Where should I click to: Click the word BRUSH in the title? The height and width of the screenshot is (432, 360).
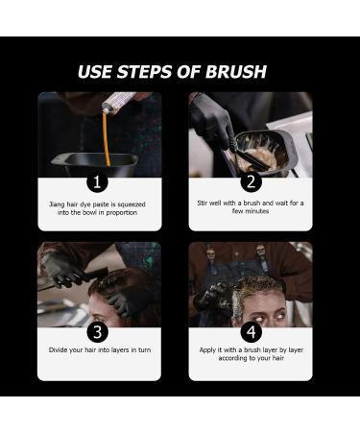231,72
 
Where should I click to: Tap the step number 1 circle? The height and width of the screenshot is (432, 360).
98,181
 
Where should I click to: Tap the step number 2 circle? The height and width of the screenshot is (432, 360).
251,181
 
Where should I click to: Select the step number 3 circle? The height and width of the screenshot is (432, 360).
98,332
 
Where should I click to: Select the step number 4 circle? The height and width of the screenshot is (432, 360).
251,332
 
